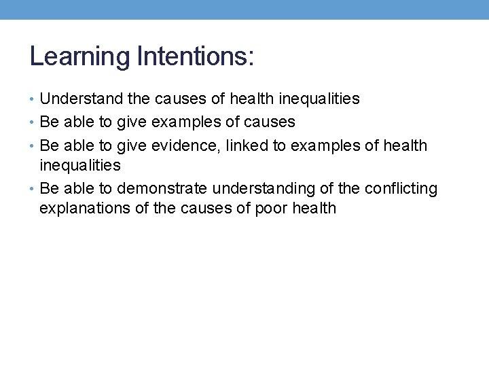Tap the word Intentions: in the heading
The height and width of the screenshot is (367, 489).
(195, 56)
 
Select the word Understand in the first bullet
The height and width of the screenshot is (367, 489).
(82, 99)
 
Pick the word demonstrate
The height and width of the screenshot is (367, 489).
(160, 188)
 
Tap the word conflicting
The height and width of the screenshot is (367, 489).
(401, 188)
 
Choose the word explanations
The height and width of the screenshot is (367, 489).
(85, 208)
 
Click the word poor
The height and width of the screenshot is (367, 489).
(272, 208)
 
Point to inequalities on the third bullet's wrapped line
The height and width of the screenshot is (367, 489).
(80, 165)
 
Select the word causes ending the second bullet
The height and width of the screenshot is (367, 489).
(272, 122)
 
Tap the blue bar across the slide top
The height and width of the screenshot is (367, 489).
(244, 9)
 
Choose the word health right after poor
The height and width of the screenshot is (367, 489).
(314, 208)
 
